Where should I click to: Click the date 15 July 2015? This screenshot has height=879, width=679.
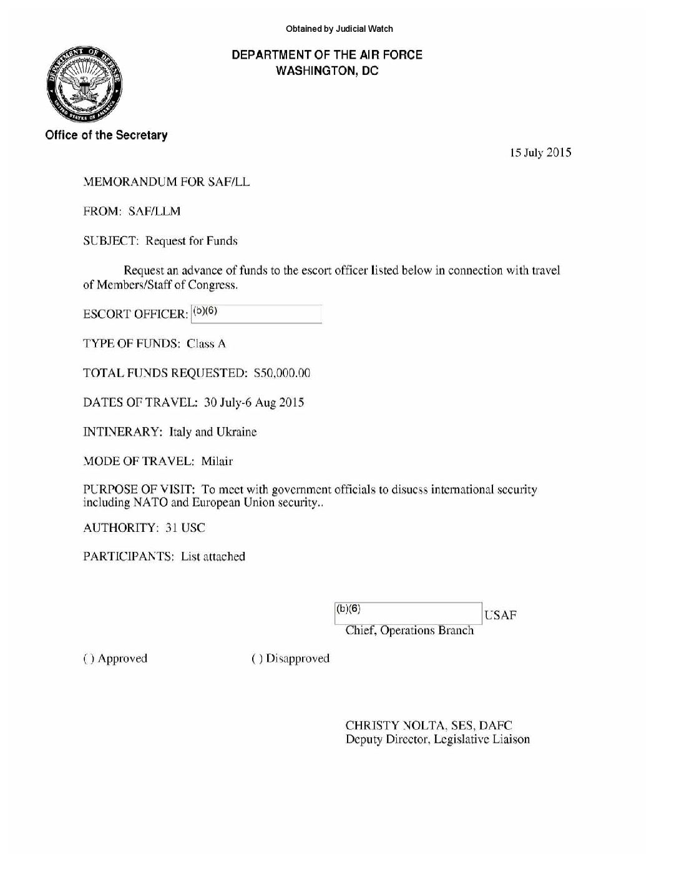point(540,153)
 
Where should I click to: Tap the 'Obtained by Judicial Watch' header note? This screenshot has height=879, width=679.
point(339,29)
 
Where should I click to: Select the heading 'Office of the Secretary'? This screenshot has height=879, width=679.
point(106,135)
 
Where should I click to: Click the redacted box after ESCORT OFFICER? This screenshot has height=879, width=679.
point(256,313)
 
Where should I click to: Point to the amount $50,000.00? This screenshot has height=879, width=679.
point(282,373)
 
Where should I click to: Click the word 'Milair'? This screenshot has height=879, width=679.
point(217,461)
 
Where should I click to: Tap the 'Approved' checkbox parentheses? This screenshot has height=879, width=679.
point(87,659)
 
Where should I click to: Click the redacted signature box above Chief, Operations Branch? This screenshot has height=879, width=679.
point(408,613)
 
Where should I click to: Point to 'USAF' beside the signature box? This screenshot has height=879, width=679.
point(501,616)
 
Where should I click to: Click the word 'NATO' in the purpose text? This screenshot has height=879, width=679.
point(149,503)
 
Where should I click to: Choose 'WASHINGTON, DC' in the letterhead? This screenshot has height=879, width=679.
point(327,71)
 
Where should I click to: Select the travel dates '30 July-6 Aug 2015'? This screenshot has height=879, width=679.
point(254,403)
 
